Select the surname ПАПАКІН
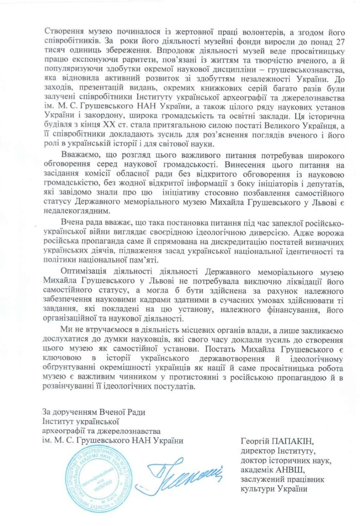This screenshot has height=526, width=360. [290, 440]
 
